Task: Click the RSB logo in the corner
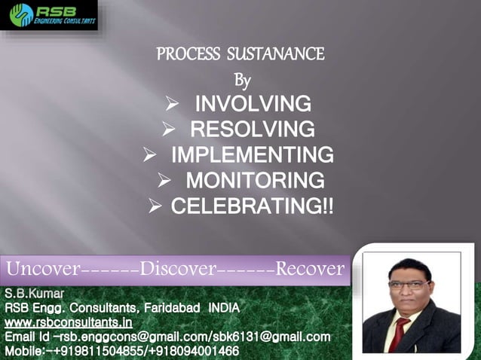[49, 16]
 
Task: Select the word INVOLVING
[253, 103]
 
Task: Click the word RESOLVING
[252, 129]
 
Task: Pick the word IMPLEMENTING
[252, 155]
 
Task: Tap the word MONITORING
[256, 181]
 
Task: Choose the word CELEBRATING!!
[252, 206]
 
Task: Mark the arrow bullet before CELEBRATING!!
[156, 206]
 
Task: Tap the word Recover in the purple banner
[310, 269]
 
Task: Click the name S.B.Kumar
[35, 292]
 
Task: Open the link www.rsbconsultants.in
[63, 322]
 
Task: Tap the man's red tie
[397, 331]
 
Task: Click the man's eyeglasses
[409, 285]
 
